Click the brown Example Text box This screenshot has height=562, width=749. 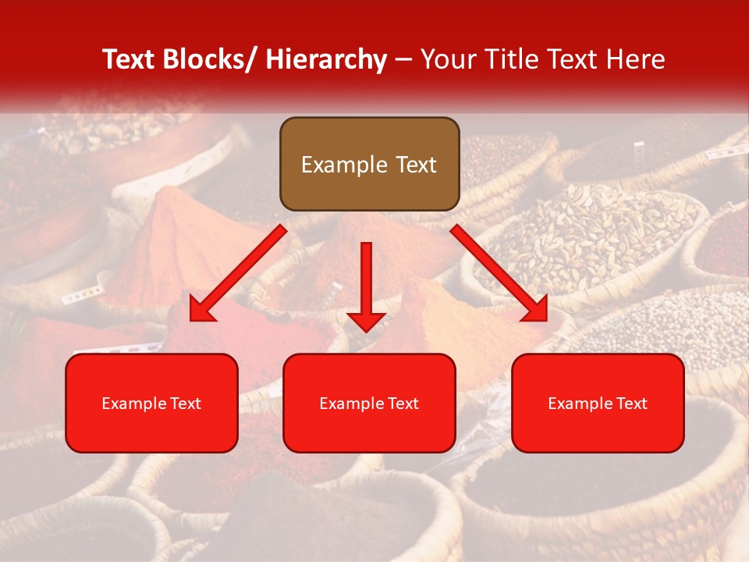pyautogui.click(x=369, y=164)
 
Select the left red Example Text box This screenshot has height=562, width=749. pyautogui.click(x=151, y=403)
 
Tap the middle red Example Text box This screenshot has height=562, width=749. pyautogui.click(x=369, y=403)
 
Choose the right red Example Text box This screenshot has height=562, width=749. pyautogui.click(x=598, y=403)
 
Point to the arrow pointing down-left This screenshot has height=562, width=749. pyautogui.click(x=238, y=273)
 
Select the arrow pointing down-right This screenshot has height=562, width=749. pyautogui.click(x=499, y=273)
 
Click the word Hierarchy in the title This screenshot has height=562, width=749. pyautogui.click(x=326, y=60)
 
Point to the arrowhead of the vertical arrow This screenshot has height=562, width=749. pyautogui.click(x=366, y=321)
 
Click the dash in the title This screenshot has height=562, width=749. pyautogui.click(x=403, y=60)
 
